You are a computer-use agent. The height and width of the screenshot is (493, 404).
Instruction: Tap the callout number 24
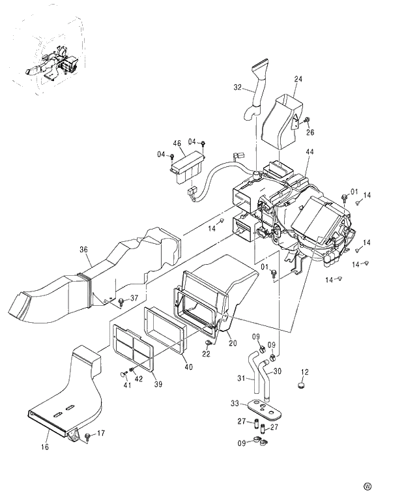click(298, 80)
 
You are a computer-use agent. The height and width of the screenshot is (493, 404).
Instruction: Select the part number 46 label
click(177, 143)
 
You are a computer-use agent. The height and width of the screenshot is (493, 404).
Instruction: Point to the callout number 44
click(309, 151)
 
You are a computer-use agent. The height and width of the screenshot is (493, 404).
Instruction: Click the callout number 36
click(84, 249)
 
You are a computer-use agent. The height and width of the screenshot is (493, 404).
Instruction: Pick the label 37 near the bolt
click(134, 298)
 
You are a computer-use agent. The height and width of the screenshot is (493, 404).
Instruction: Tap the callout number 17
click(100, 433)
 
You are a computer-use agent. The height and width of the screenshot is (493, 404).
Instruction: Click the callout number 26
click(310, 132)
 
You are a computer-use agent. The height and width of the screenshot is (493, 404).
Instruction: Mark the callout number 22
click(207, 353)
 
